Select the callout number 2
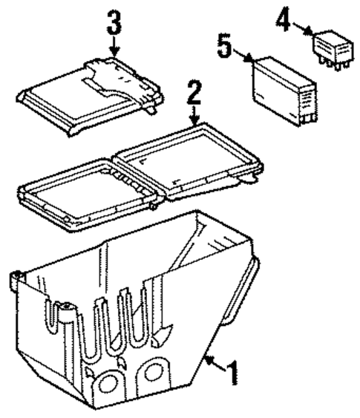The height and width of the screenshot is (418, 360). tap(194, 95)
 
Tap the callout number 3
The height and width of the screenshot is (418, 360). tap(113, 24)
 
